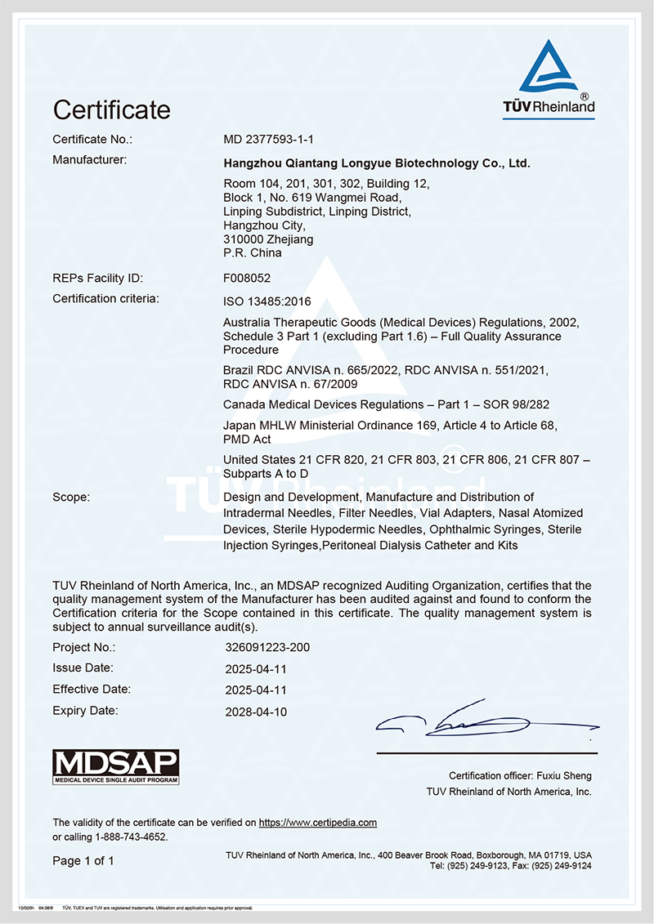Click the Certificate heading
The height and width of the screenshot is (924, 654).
coord(111,109)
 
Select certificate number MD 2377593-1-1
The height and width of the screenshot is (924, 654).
coord(268,139)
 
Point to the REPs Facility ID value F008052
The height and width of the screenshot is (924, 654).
coord(246,278)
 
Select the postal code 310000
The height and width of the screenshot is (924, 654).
coord(243,239)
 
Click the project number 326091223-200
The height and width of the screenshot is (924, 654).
coord(267,648)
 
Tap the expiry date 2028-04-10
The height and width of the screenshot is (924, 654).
coord(256,712)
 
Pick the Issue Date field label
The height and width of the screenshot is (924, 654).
coord(83,668)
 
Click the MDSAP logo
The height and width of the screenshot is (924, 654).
coord(115,767)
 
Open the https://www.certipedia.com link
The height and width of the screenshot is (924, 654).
coord(318,823)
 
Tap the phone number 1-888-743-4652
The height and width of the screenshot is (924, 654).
coord(132,837)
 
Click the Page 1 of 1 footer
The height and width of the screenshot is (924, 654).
coord(83,860)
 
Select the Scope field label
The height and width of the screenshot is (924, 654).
coord(71,497)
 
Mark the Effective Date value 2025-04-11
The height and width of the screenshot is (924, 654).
coord(256,690)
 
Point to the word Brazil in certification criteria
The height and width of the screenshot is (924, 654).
coord(239,371)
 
